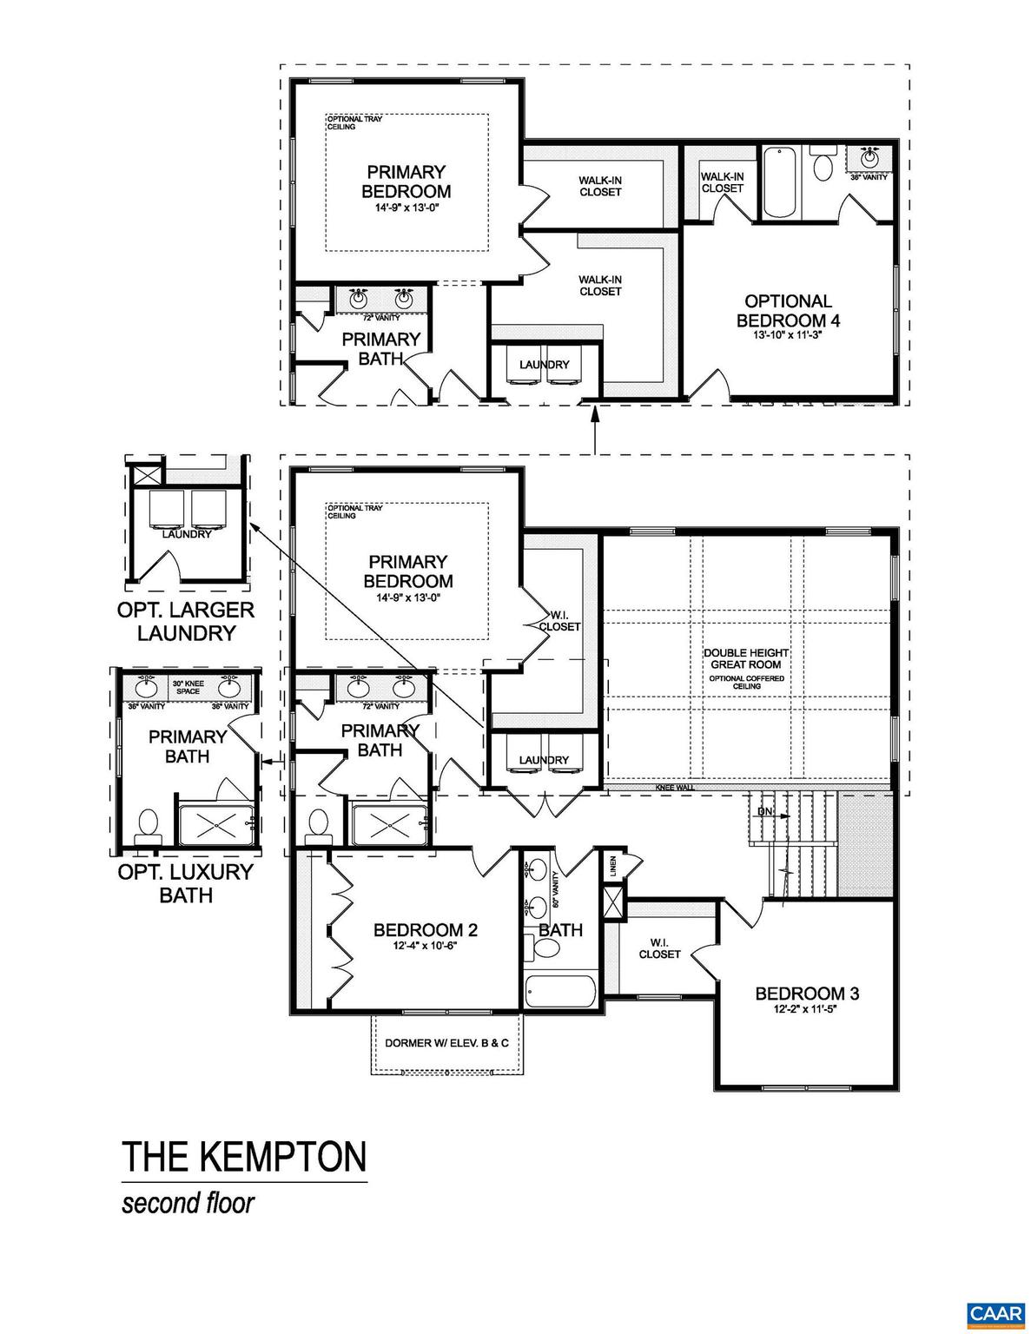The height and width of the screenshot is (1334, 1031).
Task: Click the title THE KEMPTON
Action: (x=243, y=1157)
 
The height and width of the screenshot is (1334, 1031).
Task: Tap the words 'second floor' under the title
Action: (x=188, y=1204)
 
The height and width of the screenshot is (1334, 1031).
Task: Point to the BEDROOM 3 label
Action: (x=807, y=994)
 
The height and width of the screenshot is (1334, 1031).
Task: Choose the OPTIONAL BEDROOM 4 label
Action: (x=788, y=310)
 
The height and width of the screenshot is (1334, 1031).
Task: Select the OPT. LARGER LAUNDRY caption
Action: (x=186, y=621)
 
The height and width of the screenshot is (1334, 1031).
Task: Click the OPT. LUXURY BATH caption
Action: (x=186, y=882)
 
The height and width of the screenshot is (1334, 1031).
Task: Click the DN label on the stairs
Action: (x=764, y=812)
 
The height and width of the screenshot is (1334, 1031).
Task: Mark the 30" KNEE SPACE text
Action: (x=188, y=687)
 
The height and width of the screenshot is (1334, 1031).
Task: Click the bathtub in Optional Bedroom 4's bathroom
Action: (x=779, y=183)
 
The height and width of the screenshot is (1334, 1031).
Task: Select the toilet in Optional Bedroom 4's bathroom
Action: (x=822, y=164)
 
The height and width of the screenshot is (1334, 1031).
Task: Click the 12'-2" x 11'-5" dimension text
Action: (x=807, y=1009)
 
